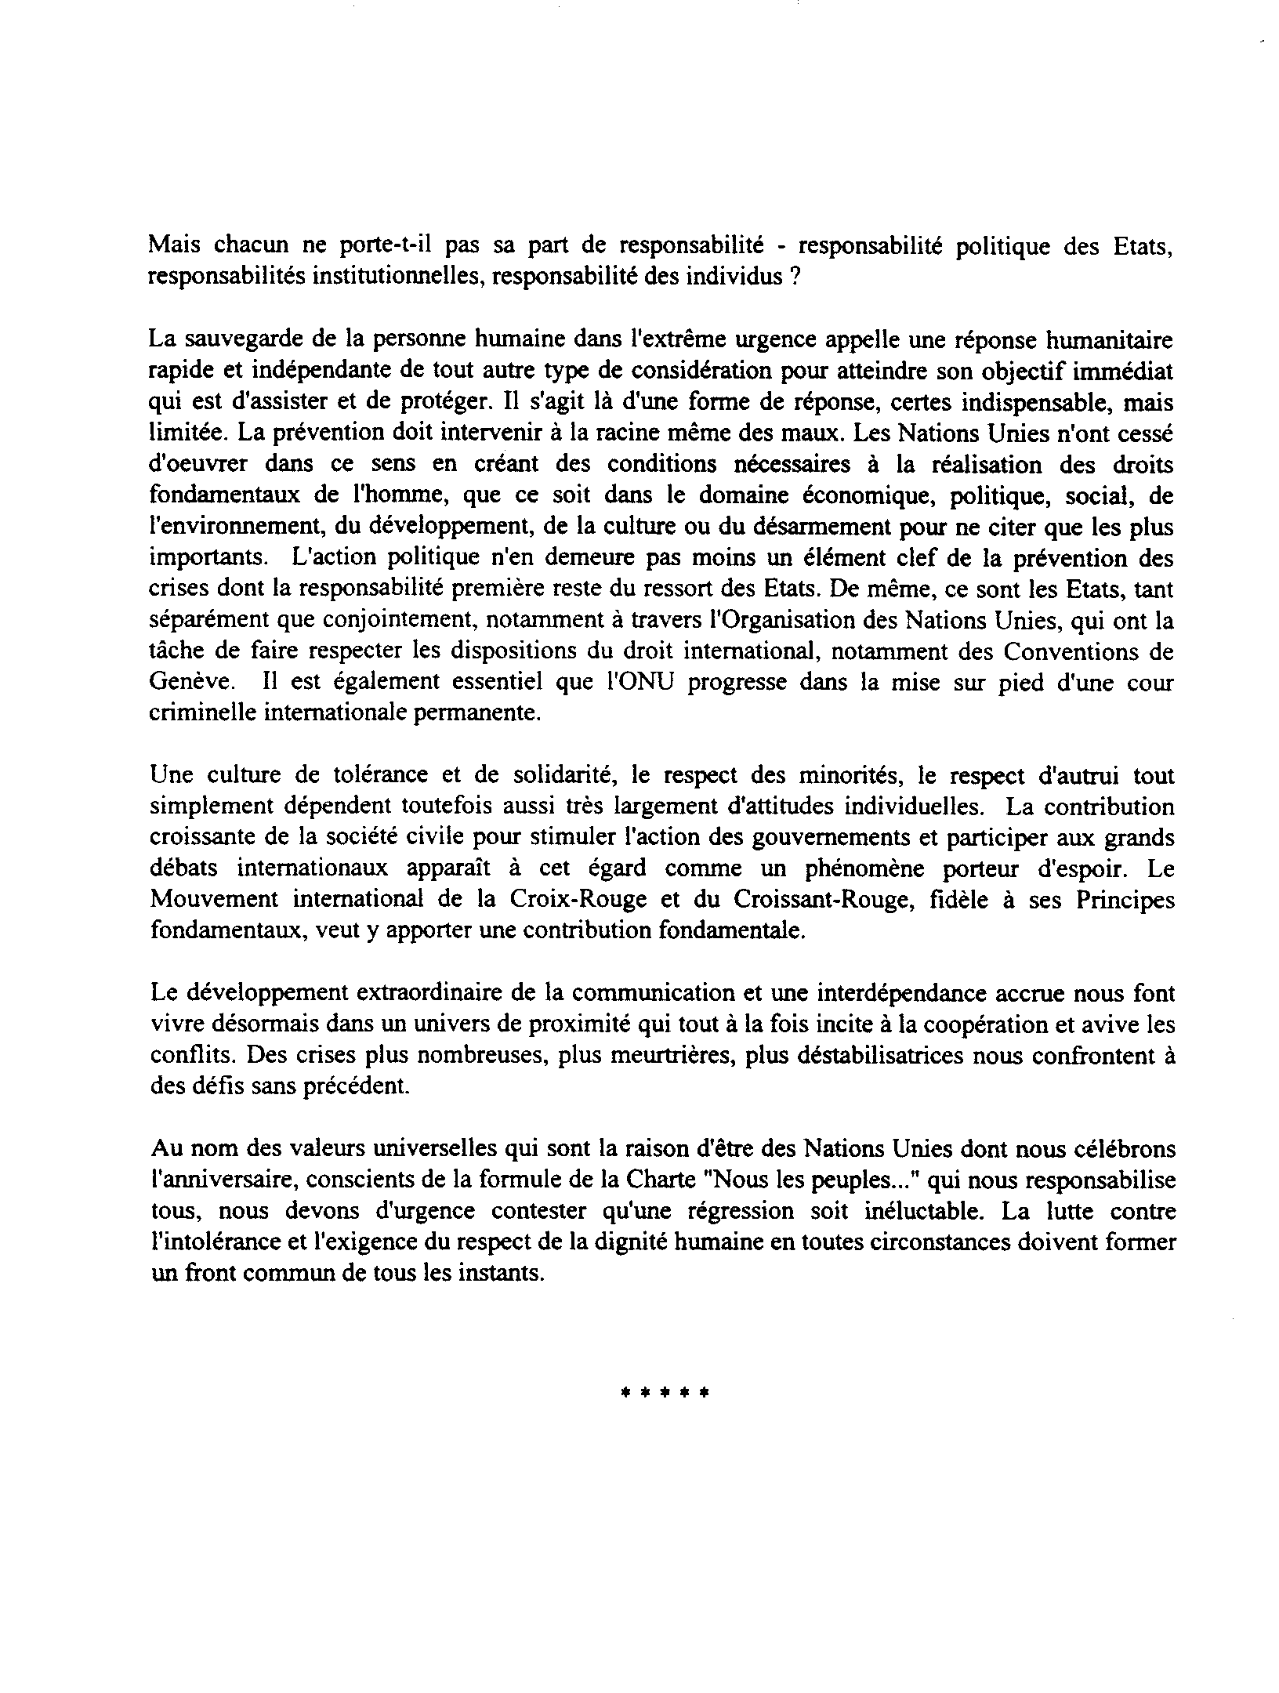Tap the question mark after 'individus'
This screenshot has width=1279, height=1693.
[795, 277]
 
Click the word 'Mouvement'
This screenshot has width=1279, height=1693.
[207, 900]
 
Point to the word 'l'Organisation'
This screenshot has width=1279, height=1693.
[796, 621]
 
